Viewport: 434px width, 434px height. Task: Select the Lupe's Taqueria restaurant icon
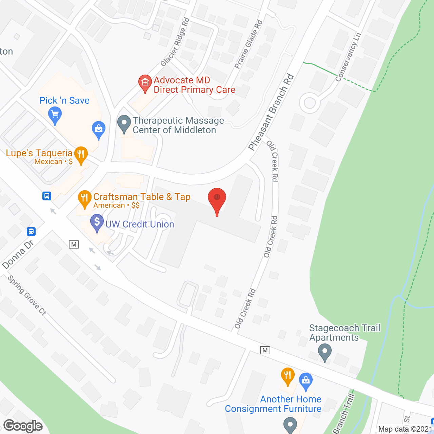[x=81, y=154]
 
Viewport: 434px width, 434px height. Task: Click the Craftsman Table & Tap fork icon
[x=84, y=198]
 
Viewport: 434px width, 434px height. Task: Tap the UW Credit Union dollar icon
[x=97, y=222]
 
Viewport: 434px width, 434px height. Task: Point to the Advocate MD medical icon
[x=145, y=82]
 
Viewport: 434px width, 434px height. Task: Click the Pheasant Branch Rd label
[x=271, y=112]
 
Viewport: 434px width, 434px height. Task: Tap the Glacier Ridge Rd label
[x=175, y=42]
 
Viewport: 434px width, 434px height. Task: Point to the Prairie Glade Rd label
[x=249, y=44]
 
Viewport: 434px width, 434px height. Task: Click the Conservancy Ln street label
[x=348, y=57]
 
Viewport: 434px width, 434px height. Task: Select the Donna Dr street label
[x=18, y=254]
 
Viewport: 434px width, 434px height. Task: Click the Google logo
[x=23, y=426]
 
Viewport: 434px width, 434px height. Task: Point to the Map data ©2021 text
[x=406, y=429]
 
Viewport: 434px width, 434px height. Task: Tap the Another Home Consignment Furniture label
[x=273, y=404]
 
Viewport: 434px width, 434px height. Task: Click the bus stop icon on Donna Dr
[x=31, y=232]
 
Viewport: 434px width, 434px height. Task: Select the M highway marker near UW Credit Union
[x=74, y=244]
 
